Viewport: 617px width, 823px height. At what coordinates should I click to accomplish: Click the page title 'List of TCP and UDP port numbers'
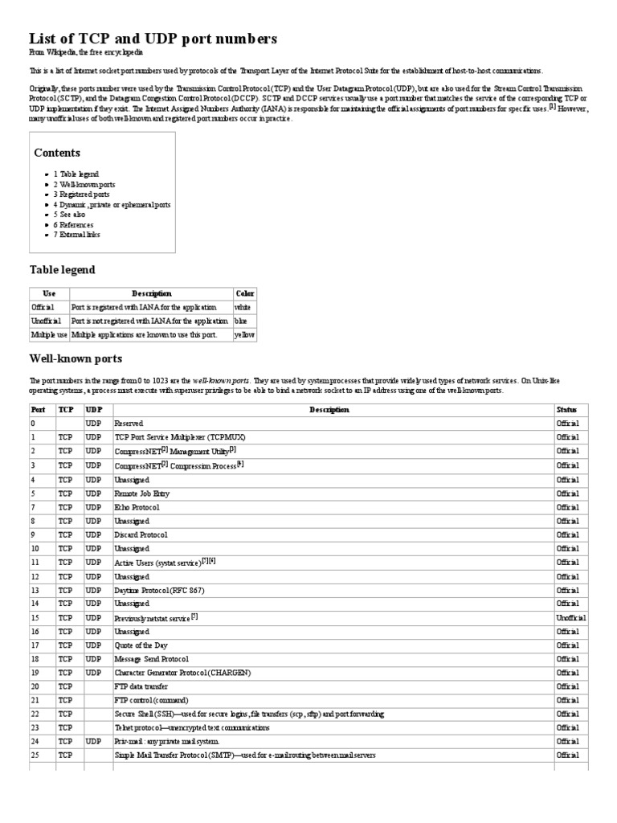(153, 39)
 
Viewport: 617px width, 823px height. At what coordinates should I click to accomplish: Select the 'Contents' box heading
(57, 153)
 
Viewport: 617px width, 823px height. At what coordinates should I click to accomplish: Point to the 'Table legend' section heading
(63, 270)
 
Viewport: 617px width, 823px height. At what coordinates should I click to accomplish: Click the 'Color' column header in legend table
(244, 294)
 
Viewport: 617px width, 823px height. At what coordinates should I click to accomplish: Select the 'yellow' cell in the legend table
(243, 334)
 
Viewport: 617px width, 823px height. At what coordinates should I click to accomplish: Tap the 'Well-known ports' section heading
(76, 358)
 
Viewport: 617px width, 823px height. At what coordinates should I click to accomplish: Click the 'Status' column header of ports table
(566, 410)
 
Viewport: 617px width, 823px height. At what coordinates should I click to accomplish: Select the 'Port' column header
(39, 410)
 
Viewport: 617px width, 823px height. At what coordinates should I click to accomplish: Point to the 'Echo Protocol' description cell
(137, 507)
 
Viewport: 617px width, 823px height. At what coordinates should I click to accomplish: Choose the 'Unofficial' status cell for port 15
(571, 617)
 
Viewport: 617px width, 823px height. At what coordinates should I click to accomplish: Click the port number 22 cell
(35, 714)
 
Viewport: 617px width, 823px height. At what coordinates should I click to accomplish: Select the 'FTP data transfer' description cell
(141, 686)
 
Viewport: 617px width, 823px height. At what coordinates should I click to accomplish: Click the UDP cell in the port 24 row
(93, 741)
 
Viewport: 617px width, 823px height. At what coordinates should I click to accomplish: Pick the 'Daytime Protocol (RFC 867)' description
(160, 590)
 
